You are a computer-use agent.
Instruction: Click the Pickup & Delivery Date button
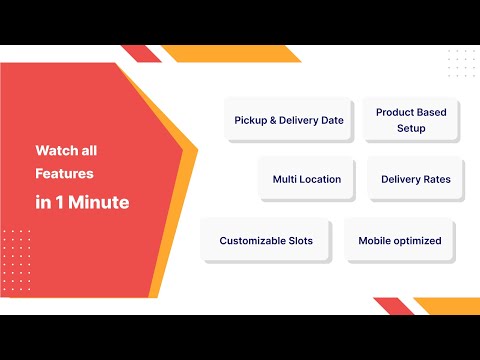coord(289,120)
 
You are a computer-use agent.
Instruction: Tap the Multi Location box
coord(307,179)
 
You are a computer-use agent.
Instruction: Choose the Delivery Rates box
coord(415,179)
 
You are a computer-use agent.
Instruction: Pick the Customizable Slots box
coord(266,241)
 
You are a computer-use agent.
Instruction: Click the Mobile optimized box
coord(400,241)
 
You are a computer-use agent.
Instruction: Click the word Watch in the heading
coord(53,151)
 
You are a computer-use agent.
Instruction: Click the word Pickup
coord(250,120)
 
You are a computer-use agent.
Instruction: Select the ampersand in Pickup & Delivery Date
coord(273,120)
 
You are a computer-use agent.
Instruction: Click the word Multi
coord(285,179)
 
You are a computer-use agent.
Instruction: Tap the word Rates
coord(435,179)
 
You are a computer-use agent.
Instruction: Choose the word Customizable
coord(253,241)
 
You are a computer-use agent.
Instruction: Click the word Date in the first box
coord(332,120)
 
